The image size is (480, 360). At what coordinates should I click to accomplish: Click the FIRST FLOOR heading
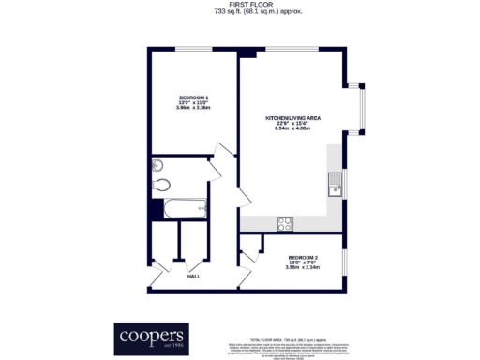[240, 5]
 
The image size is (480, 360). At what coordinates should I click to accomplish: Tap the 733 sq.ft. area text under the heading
[240, 12]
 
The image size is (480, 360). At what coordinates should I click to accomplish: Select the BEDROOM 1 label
[194, 97]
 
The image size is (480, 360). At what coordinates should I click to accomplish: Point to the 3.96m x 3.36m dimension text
[194, 108]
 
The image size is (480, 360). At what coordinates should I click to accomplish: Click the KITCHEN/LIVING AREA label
[292, 118]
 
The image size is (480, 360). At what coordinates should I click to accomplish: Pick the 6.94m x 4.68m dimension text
[292, 128]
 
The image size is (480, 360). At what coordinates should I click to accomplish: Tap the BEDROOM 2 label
[303, 257]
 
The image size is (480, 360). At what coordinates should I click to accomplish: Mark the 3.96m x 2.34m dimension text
[303, 267]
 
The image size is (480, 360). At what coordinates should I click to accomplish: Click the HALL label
[194, 276]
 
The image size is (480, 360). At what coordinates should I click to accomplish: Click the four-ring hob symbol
[285, 222]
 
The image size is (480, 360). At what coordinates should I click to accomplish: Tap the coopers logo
[150, 335]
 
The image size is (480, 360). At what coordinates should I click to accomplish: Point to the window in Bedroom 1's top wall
[193, 49]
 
